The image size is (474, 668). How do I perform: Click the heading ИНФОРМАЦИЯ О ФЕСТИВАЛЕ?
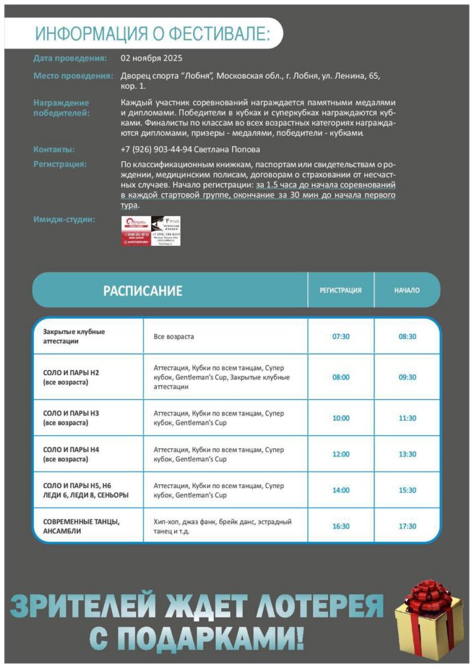(x=151, y=33)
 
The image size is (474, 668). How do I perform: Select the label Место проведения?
(x=73, y=76)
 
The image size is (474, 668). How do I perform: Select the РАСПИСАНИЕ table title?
(x=143, y=291)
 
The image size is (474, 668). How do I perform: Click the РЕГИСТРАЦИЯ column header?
(x=340, y=290)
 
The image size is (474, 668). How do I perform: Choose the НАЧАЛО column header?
(x=407, y=290)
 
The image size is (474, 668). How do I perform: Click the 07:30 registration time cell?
(x=341, y=337)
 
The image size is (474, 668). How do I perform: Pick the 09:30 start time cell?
(x=407, y=377)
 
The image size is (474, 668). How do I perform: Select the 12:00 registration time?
(x=341, y=454)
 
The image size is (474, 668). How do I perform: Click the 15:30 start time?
(x=407, y=490)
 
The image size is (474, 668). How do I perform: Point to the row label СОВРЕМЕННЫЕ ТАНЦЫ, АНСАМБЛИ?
(x=81, y=526)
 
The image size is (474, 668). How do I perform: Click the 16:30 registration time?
(x=341, y=526)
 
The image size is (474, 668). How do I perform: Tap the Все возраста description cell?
(x=173, y=337)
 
